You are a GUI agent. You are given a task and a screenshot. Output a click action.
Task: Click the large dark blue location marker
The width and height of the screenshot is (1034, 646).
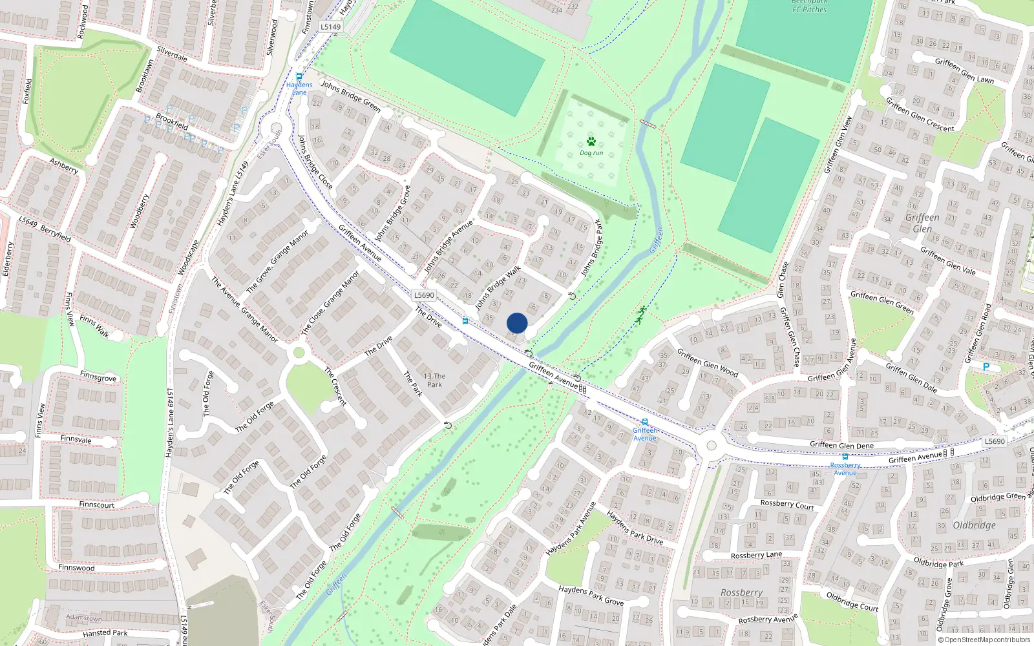click(x=517, y=323)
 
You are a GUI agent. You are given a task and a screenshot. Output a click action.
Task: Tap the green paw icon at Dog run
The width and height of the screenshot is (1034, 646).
click(x=591, y=141)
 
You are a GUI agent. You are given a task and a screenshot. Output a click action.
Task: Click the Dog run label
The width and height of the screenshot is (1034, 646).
click(x=591, y=153)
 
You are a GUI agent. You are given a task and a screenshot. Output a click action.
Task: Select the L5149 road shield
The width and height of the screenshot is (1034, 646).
click(x=331, y=27)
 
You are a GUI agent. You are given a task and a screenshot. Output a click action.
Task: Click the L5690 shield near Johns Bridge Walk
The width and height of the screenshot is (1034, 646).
click(x=424, y=295)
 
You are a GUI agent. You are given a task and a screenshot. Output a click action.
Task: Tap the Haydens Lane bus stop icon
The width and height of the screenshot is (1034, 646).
click(x=299, y=76)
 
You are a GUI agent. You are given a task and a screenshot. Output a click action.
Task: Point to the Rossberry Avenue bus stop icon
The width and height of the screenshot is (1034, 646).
click(x=845, y=457)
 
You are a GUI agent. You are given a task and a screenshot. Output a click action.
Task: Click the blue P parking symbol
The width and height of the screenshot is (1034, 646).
click(x=986, y=367)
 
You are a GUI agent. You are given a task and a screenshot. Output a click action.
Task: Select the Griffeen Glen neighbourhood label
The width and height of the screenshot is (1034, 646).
click(x=922, y=223)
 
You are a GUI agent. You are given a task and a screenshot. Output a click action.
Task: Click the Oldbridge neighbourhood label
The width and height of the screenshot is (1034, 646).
click(x=974, y=525)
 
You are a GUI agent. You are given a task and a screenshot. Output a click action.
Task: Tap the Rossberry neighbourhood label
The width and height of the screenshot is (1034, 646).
click(x=741, y=592)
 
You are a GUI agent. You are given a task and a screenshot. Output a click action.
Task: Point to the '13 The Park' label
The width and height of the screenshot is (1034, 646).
click(x=434, y=380)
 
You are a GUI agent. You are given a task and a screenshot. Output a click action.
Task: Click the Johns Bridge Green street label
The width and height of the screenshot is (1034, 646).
click(x=351, y=95)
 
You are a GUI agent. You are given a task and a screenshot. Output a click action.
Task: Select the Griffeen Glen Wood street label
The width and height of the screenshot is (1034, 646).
click(x=707, y=362)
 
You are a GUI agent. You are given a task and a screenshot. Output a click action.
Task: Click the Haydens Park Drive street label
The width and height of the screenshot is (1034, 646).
click(x=635, y=527)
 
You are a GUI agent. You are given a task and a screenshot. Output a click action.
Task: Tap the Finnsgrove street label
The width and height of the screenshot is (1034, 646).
click(x=98, y=376)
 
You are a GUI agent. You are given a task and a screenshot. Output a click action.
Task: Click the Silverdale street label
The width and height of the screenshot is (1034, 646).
click(x=172, y=54)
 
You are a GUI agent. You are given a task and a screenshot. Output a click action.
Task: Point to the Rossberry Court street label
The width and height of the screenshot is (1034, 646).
click(x=786, y=505)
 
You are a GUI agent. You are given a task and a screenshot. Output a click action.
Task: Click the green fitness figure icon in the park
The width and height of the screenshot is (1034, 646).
click(x=640, y=315)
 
